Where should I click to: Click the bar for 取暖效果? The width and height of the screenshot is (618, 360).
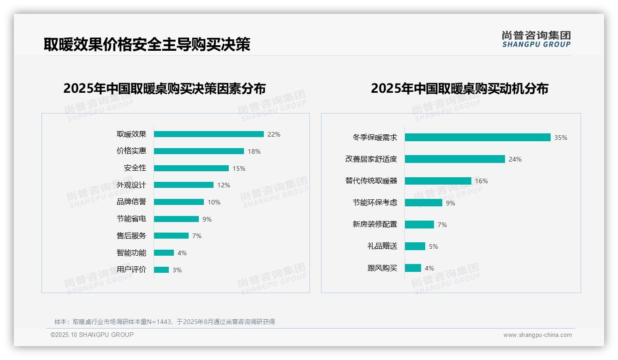pos(208,134)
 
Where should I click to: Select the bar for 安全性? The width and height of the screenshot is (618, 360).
pos(191,168)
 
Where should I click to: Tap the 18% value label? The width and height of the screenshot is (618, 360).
pos(254,151)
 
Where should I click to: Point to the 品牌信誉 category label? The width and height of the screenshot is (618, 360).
pos(131,202)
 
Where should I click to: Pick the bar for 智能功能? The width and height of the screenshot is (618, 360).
pos(164,252)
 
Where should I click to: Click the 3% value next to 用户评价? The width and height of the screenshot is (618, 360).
pos(177,270)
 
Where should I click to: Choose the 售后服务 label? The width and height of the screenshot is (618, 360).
pos(131,236)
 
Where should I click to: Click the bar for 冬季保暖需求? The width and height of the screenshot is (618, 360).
pos(477,138)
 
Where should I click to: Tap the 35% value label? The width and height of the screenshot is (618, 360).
pos(561,138)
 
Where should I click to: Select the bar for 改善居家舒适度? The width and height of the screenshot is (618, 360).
pos(455,159)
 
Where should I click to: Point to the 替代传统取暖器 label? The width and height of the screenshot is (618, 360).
pos(371,181)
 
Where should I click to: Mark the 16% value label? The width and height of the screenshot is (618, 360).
pos(481,181)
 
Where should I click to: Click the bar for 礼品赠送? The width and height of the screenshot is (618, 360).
pos(415,246)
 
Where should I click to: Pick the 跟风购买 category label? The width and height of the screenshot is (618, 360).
pos(382,268)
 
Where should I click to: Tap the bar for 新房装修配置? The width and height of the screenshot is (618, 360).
pos(419,224)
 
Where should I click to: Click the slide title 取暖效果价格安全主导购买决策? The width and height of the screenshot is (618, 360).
pos(147,44)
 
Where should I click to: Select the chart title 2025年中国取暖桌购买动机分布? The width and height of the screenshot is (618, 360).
pos(459,89)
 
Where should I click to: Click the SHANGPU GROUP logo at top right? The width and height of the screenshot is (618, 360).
pos(536,39)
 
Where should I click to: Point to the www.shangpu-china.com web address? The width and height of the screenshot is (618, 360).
pos(537,335)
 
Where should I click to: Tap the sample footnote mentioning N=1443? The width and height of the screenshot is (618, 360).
pos(165,322)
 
